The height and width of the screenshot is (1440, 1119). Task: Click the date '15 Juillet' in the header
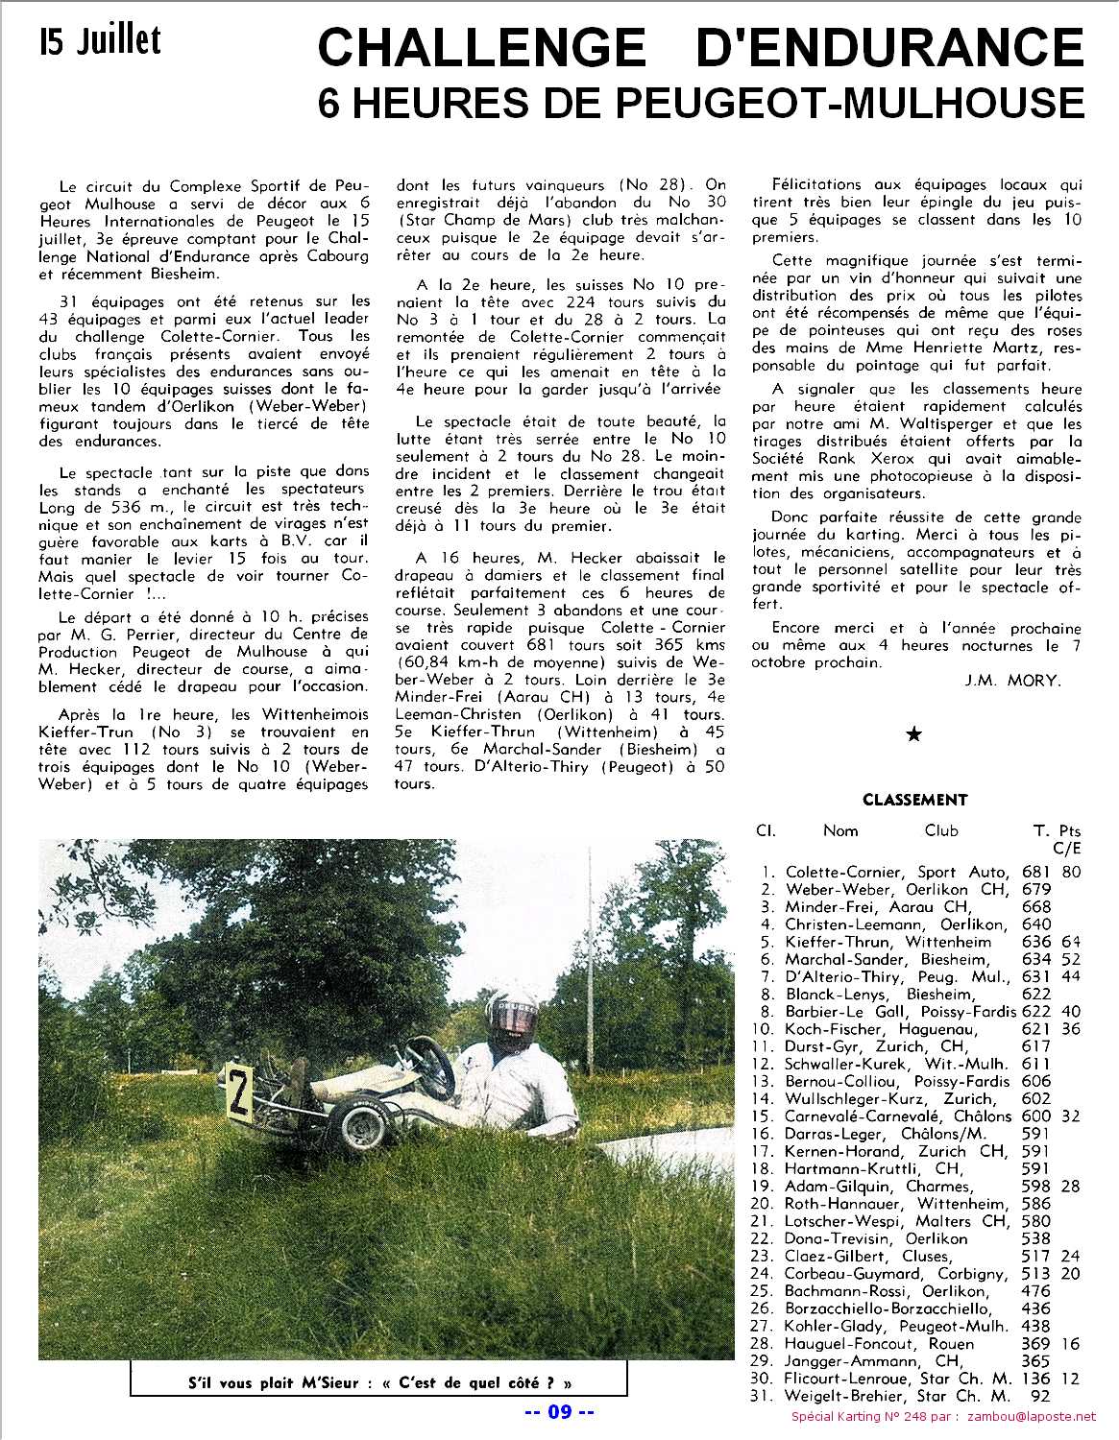point(100,40)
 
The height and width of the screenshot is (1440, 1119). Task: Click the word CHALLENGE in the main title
point(481,46)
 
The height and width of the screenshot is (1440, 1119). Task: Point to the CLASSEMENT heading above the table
point(914,800)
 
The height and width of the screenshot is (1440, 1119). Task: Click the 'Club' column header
point(941,830)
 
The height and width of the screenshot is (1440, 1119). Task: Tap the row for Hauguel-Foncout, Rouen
point(879,1343)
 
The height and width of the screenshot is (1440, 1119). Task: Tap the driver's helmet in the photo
point(509,1013)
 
